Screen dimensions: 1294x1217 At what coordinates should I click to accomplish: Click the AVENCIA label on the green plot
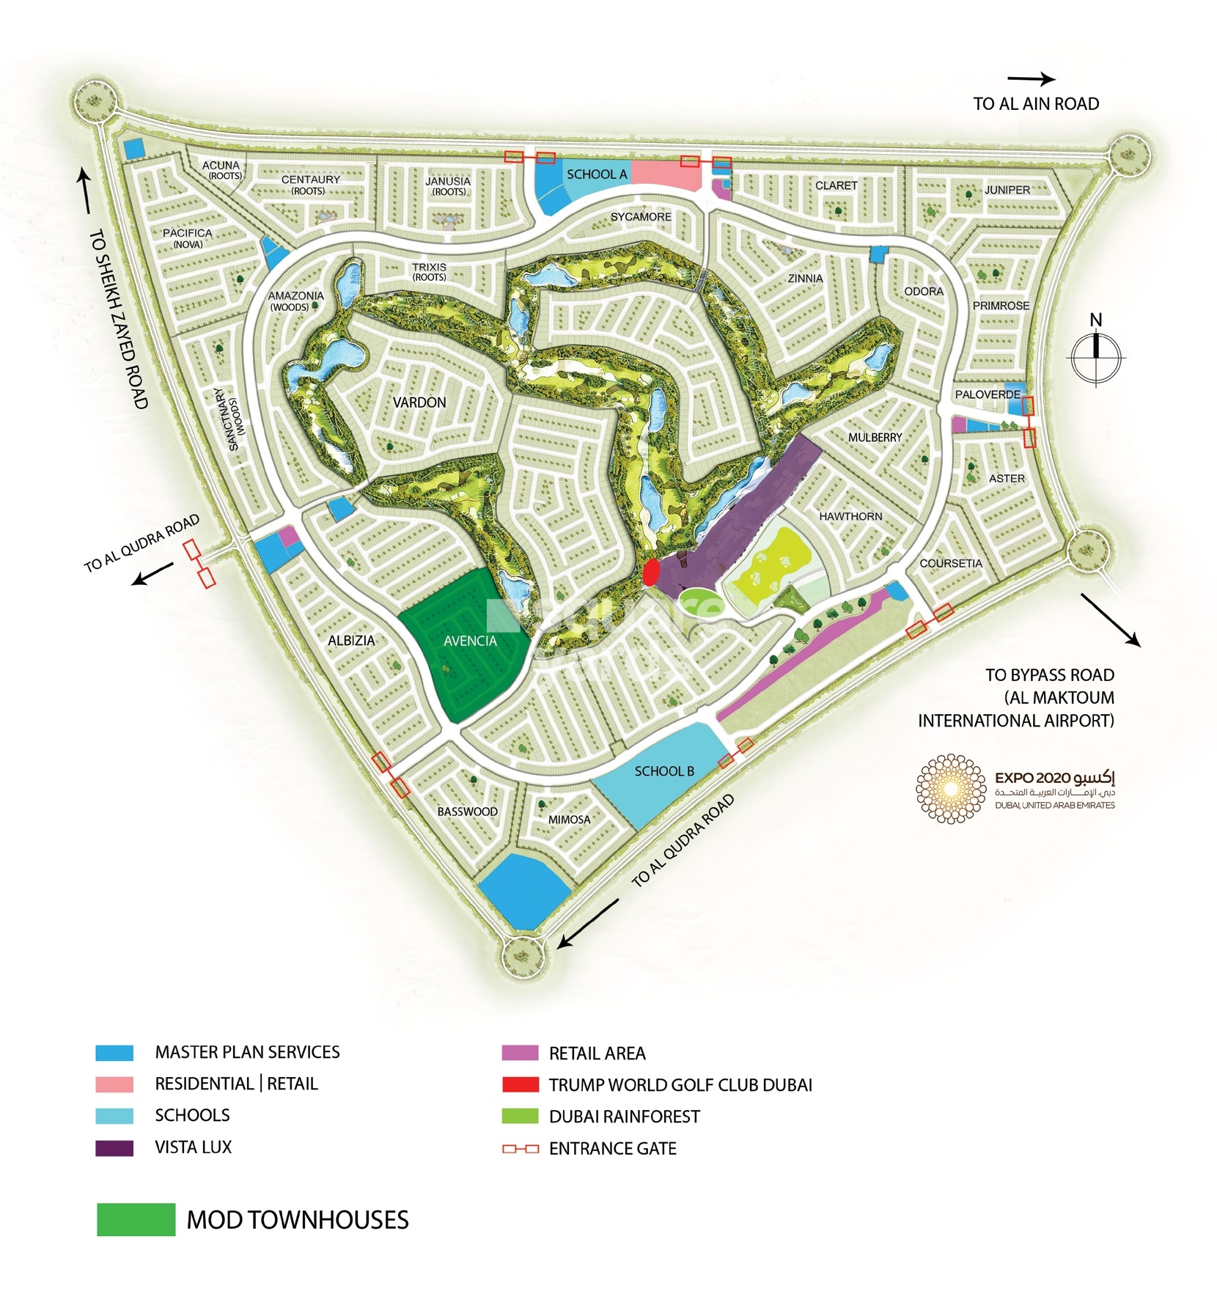pyautogui.click(x=470, y=641)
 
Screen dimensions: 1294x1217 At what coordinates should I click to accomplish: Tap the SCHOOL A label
pyautogui.click(x=596, y=174)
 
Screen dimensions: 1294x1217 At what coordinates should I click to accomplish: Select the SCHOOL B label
pyautogui.click(x=663, y=771)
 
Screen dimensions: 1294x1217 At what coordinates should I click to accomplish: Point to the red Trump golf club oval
pyautogui.click(x=650, y=573)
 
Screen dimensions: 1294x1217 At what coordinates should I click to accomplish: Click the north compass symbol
pyautogui.click(x=1095, y=357)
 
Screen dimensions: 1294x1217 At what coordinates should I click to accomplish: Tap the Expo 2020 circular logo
pyautogui.click(x=951, y=789)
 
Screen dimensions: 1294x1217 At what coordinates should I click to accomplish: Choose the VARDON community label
pyautogui.click(x=419, y=402)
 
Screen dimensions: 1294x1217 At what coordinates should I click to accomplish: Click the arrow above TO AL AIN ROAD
pyautogui.click(x=1031, y=79)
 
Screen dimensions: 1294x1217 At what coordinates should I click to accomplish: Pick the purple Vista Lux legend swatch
pyautogui.click(x=114, y=1148)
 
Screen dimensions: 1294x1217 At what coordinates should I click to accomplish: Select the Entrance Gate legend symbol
pyautogui.click(x=520, y=1149)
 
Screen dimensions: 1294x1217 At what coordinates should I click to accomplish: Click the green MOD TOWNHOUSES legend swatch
pyautogui.click(x=136, y=1220)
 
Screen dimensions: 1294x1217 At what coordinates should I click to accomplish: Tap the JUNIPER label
pyautogui.click(x=1007, y=190)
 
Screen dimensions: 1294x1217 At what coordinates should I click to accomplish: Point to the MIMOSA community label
pyautogui.click(x=569, y=820)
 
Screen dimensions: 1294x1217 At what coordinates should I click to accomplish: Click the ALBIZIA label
pyautogui.click(x=351, y=641)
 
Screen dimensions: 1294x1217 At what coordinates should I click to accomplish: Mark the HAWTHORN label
pyautogui.click(x=850, y=517)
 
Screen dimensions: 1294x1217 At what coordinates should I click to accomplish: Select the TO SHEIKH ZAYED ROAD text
pyautogui.click(x=120, y=319)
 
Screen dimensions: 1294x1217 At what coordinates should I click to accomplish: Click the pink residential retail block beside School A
pyautogui.click(x=665, y=174)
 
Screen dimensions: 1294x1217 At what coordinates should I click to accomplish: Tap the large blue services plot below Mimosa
pyautogui.click(x=524, y=889)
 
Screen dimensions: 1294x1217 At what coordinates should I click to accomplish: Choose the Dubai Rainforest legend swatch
pyautogui.click(x=520, y=1117)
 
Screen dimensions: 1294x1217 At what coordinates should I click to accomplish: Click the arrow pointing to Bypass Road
pyautogui.click(x=1110, y=620)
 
